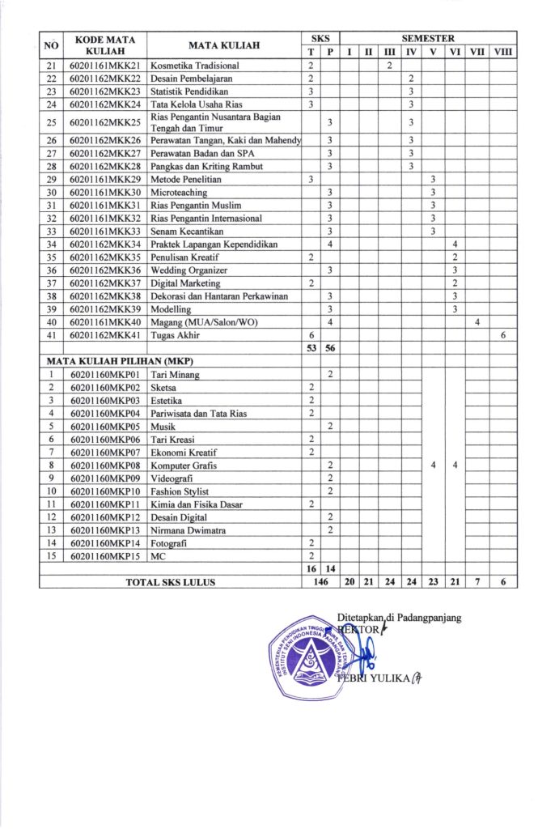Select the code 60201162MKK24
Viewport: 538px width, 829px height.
106,104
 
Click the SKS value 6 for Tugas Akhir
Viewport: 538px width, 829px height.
311,335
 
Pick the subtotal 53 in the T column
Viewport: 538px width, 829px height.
311,348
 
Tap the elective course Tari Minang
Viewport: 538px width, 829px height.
176,375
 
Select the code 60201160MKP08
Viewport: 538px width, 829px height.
106,466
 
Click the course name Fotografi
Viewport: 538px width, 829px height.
170,543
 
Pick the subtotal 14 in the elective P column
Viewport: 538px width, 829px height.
330,569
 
